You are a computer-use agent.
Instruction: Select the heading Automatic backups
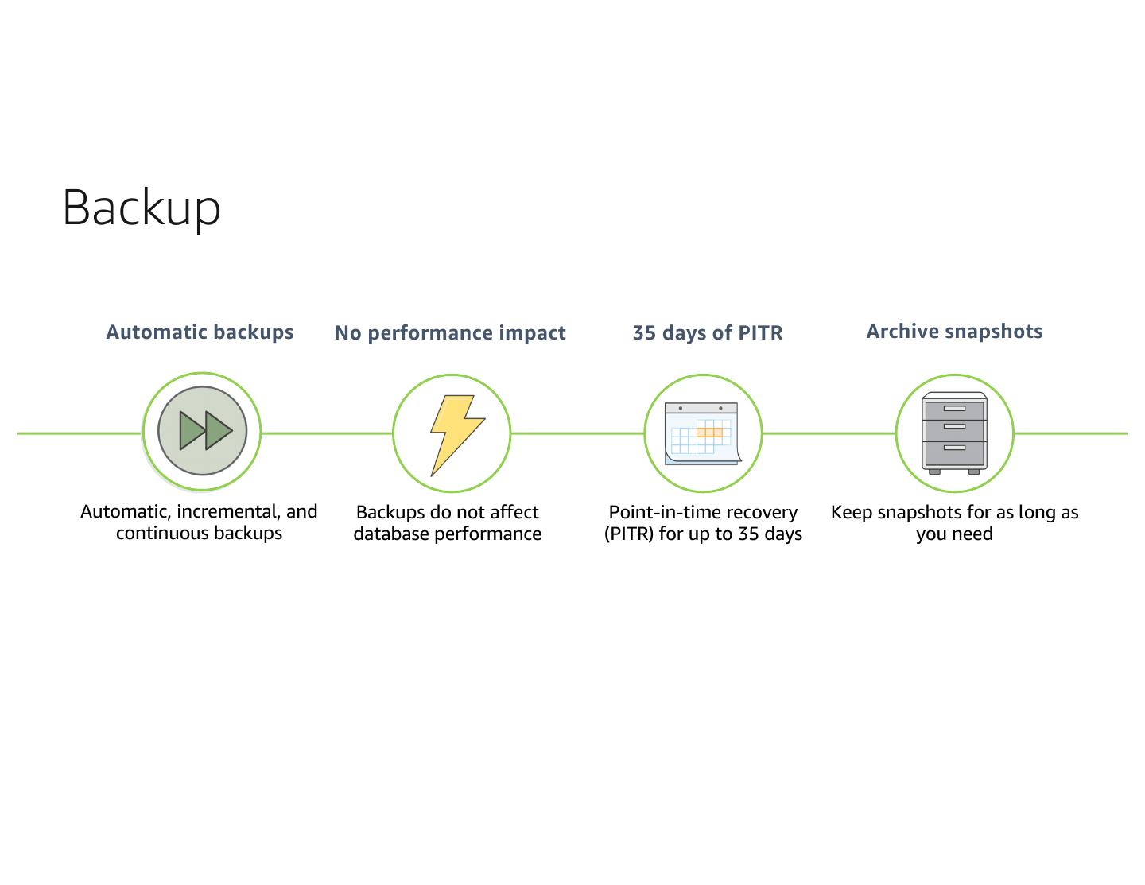click(x=200, y=332)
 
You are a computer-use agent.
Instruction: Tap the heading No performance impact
click(x=450, y=333)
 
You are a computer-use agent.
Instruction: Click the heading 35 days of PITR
click(x=708, y=332)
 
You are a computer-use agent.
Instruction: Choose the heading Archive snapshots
click(x=954, y=332)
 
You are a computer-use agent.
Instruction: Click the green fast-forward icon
click(x=202, y=431)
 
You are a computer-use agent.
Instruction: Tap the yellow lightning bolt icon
click(x=457, y=436)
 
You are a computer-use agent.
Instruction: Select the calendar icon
click(x=703, y=434)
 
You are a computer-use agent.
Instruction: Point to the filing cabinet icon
click(x=954, y=433)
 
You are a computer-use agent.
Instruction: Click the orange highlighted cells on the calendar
click(x=709, y=433)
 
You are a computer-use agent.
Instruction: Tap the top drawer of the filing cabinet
click(x=954, y=410)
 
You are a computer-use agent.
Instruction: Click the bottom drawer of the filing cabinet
click(x=954, y=452)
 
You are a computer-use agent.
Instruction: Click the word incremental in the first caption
click(x=228, y=511)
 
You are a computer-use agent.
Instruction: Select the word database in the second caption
click(x=390, y=534)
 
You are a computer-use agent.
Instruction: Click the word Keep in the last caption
click(x=851, y=512)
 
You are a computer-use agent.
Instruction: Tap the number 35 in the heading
click(x=644, y=333)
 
